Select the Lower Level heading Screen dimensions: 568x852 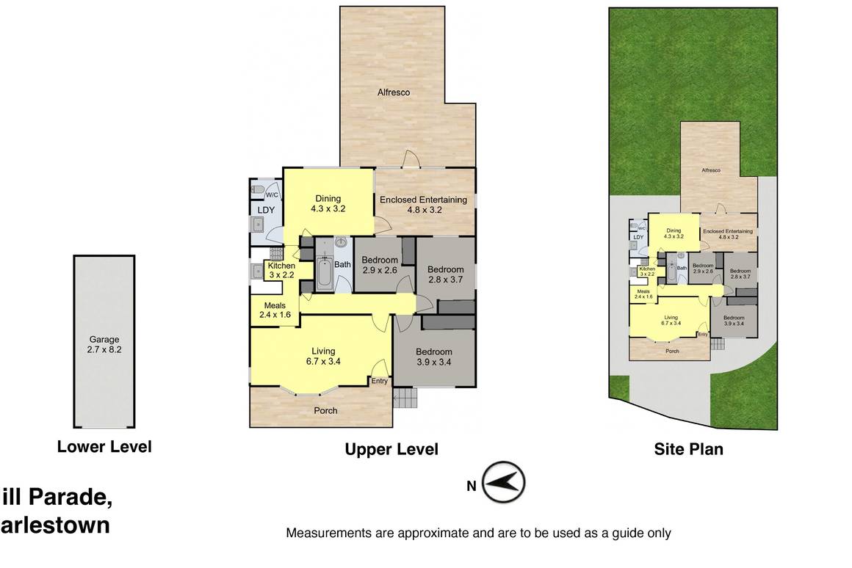[104, 446]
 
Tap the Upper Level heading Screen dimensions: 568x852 [391, 449]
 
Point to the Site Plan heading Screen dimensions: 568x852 [688, 449]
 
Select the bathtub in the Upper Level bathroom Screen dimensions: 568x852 [325, 272]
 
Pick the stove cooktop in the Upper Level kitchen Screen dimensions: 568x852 [258, 272]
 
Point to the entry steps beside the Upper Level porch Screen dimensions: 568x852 [405, 398]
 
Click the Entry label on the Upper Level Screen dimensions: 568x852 [379, 381]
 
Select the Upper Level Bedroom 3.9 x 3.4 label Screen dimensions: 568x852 [433, 357]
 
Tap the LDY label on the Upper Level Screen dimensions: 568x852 [265, 211]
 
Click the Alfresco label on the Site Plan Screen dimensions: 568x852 [710, 170]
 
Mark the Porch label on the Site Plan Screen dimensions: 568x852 [671, 351]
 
